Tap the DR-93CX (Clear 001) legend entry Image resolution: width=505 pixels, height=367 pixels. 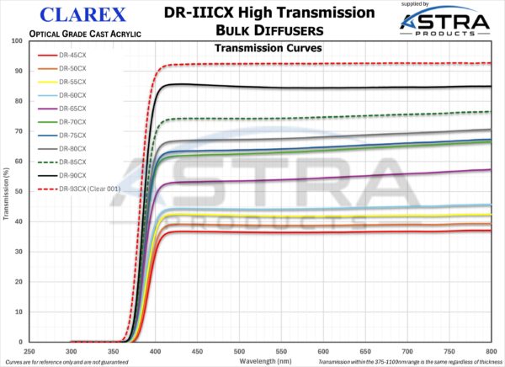click(82, 188)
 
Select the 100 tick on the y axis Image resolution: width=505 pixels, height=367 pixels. click(16, 40)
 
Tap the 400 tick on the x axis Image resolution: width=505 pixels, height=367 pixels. click(156, 350)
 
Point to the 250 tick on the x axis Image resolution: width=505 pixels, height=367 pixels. click(29, 350)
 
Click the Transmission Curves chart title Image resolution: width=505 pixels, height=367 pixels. click(263, 48)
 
